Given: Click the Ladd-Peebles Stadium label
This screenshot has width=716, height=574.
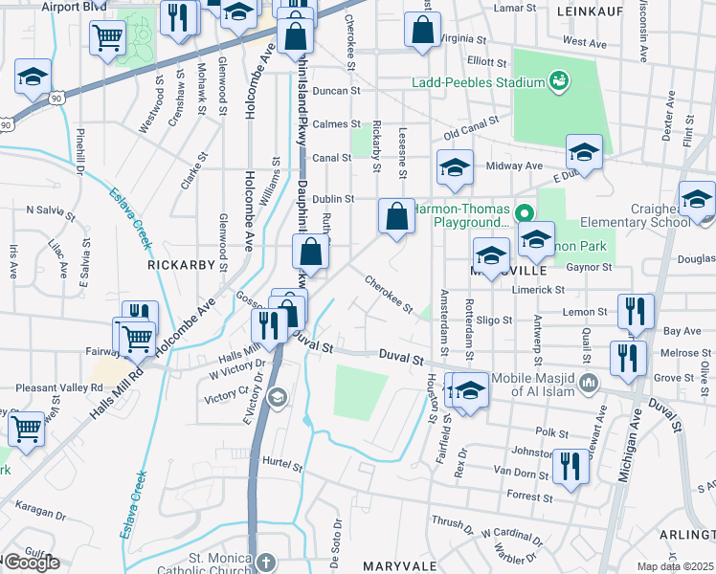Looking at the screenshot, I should click(x=478, y=82).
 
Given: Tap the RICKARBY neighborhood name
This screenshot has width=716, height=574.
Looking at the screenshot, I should click(x=177, y=261).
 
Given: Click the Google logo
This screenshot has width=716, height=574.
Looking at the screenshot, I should click(x=31, y=562).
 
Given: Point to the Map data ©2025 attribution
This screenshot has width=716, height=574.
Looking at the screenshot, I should click(x=675, y=566).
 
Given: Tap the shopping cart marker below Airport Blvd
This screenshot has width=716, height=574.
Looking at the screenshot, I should click(x=108, y=37).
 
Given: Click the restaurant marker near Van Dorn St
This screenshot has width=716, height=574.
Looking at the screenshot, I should click(x=571, y=467).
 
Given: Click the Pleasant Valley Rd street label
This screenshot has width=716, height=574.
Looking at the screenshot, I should click(x=58, y=388).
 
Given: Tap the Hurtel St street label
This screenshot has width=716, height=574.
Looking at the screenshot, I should click(x=282, y=467).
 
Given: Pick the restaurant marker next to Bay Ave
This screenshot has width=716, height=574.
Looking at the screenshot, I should click(x=635, y=310).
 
